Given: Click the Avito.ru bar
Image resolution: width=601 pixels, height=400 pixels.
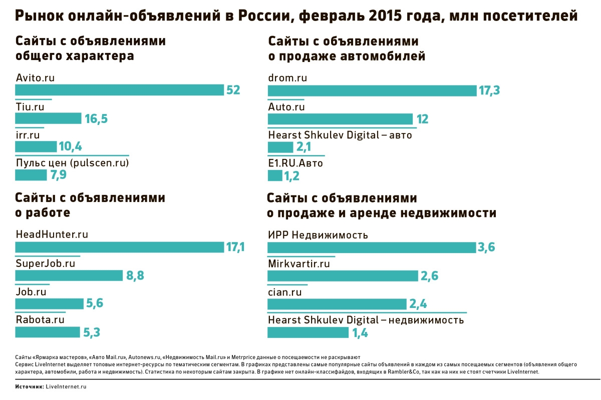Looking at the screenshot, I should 119,90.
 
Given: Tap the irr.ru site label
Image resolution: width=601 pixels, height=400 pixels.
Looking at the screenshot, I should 28,135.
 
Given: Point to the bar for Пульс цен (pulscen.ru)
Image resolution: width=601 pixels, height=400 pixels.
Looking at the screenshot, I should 31,175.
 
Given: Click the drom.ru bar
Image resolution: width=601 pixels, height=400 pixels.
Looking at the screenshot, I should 372,90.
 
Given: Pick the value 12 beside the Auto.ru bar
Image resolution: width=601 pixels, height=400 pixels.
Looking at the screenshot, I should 422,119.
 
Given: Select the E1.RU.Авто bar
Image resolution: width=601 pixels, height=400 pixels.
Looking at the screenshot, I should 275,175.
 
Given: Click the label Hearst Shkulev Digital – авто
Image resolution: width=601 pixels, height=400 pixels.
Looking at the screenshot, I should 340,135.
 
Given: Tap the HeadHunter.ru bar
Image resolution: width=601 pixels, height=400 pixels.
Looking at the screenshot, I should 119,247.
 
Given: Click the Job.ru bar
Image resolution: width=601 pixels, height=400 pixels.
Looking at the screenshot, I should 49,304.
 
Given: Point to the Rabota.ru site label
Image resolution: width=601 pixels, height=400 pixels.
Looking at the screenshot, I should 40,319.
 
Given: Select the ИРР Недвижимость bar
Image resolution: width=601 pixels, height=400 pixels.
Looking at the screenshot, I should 372,247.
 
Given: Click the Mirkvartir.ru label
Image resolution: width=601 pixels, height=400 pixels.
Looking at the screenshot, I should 299,263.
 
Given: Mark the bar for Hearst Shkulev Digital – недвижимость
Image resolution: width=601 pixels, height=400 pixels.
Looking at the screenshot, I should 308,332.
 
